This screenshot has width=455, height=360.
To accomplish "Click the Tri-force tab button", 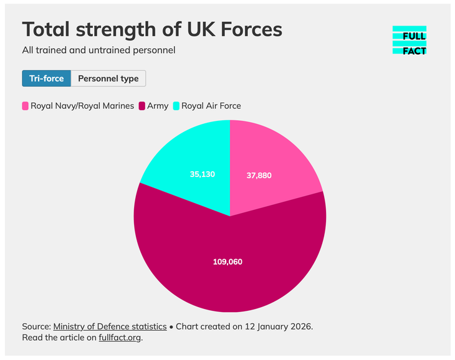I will (x=47, y=78).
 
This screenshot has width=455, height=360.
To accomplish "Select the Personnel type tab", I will (x=108, y=78).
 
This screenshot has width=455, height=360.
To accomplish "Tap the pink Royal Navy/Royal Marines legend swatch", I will (x=25, y=106).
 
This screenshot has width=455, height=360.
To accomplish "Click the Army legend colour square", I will (x=141, y=106).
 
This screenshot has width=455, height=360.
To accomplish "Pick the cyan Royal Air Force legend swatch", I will (x=176, y=106).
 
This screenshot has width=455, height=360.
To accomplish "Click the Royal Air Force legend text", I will (x=211, y=106).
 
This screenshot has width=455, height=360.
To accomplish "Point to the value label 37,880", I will (x=259, y=176).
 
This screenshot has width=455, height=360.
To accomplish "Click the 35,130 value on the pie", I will (x=203, y=174).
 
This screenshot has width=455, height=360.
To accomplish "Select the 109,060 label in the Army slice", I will (x=228, y=262).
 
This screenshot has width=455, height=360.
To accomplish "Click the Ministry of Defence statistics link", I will (x=110, y=326).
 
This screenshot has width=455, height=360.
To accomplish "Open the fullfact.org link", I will (x=120, y=338).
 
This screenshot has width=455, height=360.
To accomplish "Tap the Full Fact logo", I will (x=410, y=40).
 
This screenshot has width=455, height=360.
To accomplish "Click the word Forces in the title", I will (x=248, y=29).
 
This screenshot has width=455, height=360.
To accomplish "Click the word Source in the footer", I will (x=36, y=326).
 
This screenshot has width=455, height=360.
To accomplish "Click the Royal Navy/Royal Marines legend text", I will (x=82, y=106).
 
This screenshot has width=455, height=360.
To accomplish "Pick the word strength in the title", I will (x=126, y=29).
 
